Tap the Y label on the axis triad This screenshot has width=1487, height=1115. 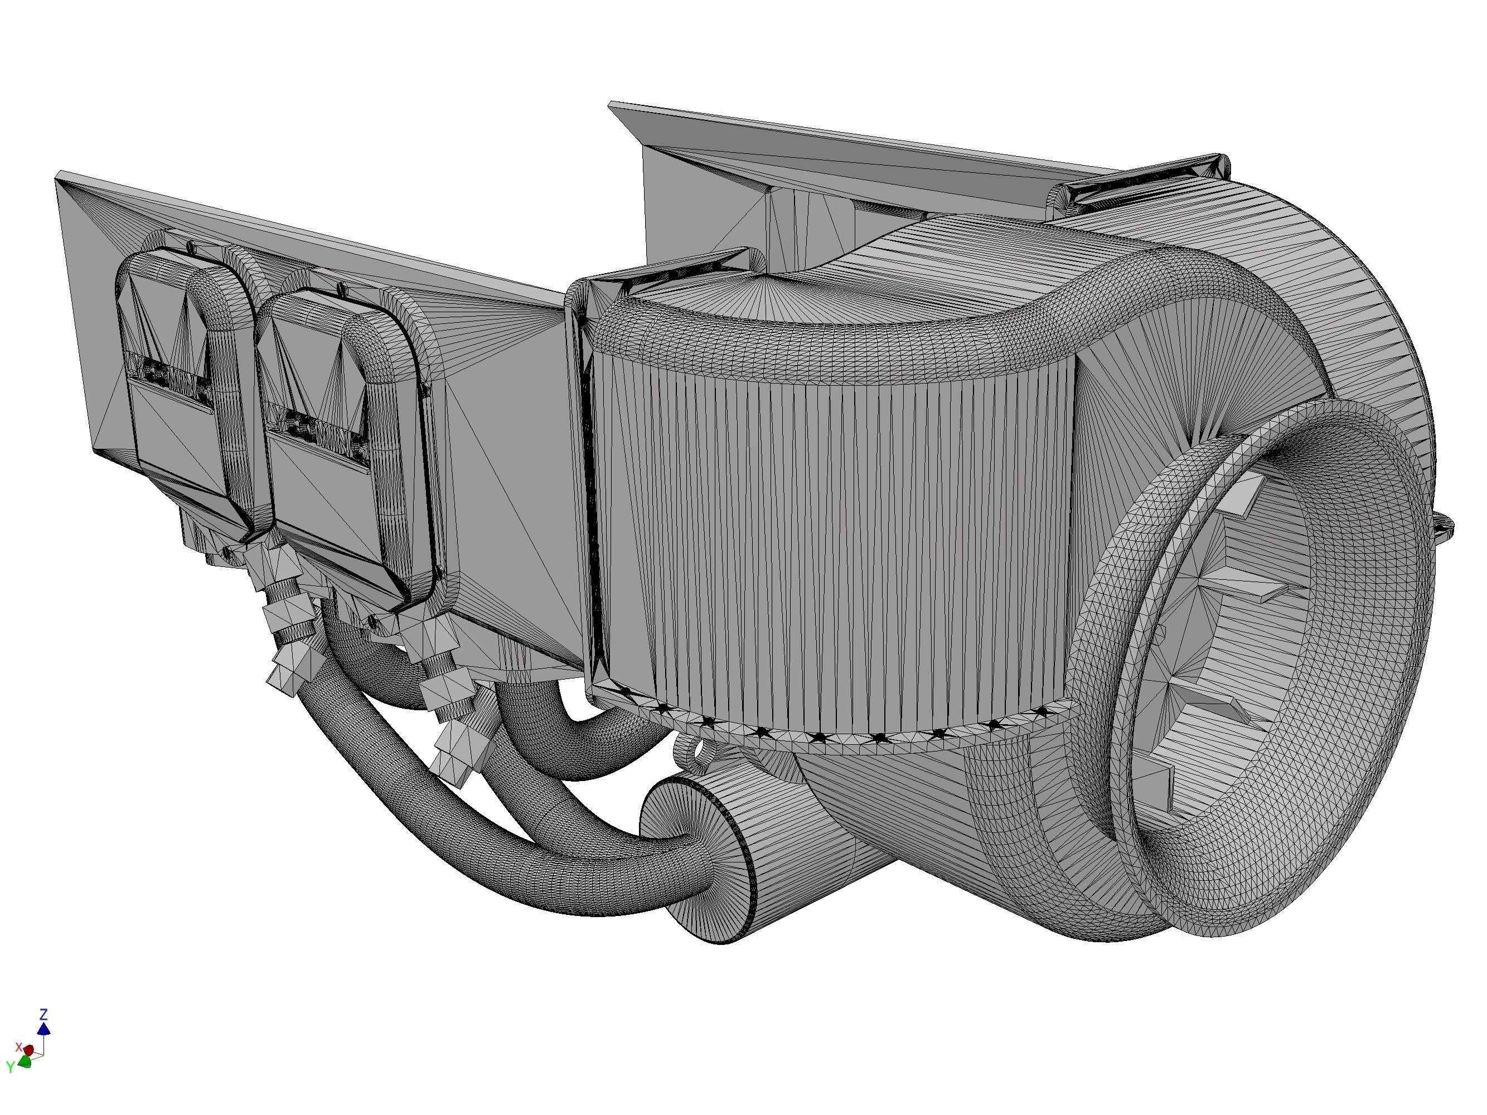click(10, 1066)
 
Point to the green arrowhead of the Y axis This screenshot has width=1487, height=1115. click(25, 1062)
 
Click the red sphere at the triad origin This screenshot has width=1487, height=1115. click(29, 1050)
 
